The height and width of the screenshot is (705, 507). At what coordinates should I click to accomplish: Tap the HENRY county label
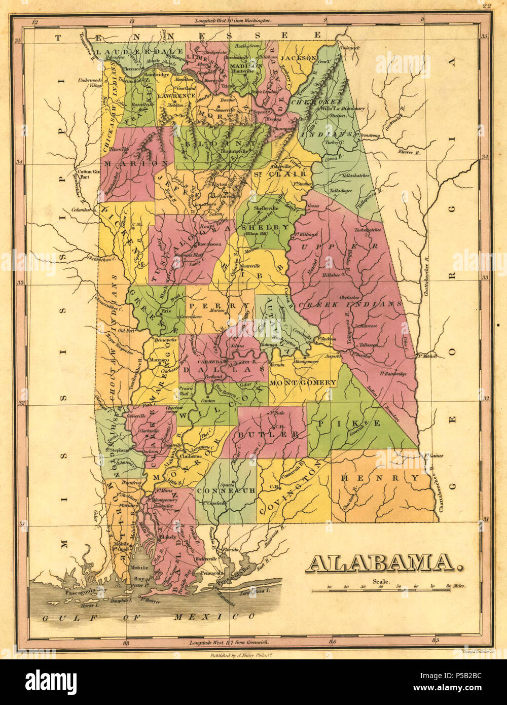click(x=380, y=478)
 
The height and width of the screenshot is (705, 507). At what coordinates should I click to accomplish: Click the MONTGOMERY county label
click(x=303, y=382)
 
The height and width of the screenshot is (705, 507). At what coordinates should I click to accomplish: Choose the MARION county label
click(x=135, y=163)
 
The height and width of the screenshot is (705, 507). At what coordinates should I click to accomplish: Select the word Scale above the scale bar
click(x=381, y=582)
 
